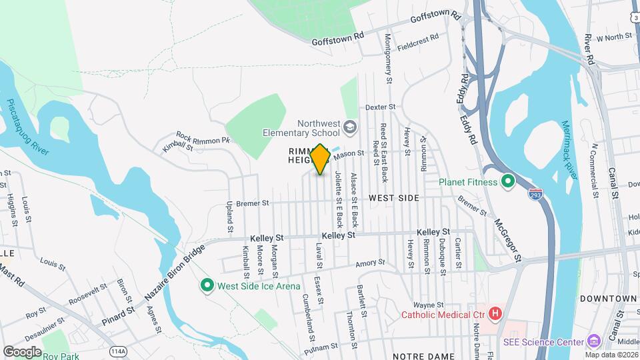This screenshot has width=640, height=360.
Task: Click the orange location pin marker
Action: (320, 158)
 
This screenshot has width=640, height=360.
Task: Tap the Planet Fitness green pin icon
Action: (508, 181)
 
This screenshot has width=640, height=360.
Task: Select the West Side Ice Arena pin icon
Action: (207, 286)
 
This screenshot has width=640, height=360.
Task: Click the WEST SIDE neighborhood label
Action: (394, 198)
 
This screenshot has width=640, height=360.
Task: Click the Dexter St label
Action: (381, 107)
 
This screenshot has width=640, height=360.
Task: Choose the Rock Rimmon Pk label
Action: (203, 140)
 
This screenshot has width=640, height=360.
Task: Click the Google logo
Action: (22, 351)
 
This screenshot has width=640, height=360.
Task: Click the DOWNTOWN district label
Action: (607, 298)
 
